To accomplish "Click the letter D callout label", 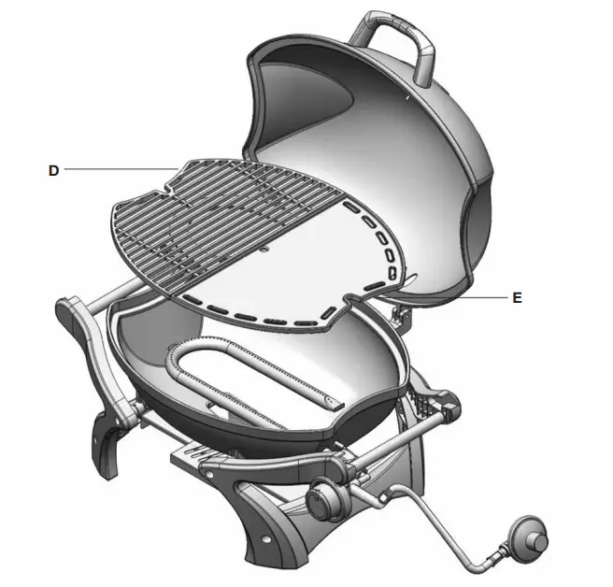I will click(x=54, y=170).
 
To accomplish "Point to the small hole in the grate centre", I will click(x=264, y=251).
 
